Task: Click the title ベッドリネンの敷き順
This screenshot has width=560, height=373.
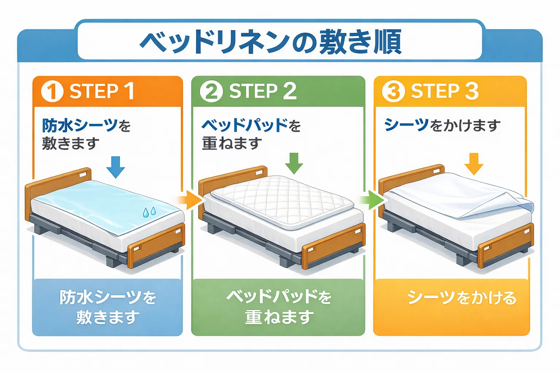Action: coord(271,42)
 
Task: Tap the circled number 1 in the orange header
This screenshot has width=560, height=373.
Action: coord(52,91)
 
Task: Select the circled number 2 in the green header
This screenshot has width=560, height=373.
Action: coord(211,91)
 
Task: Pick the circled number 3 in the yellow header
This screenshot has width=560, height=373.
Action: coord(393,91)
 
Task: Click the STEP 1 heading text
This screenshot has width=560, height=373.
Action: coord(102,91)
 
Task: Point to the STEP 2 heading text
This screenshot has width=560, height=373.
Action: coord(262,91)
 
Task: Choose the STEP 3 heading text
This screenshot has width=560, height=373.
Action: coord(444,91)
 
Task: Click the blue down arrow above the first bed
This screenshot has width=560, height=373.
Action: coord(116,167)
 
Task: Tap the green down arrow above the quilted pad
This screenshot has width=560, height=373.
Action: coord(294,163)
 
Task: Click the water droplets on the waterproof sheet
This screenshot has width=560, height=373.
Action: coord(149,212)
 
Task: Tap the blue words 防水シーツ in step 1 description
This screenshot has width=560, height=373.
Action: coord(80,126)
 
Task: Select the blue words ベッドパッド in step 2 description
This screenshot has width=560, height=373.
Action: coord(245,126)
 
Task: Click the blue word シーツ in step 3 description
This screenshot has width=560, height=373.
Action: coord(406,125)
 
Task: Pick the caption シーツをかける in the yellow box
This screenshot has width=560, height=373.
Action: coord(462,298)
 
